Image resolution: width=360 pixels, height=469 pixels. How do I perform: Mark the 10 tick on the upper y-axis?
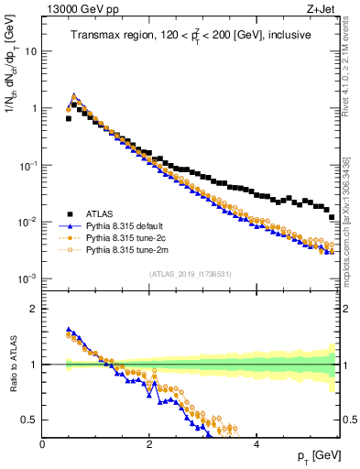pyautogui.click(x=29, y=51)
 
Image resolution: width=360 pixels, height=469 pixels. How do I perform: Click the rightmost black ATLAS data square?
pyautogui.click(x=332, y=217)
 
